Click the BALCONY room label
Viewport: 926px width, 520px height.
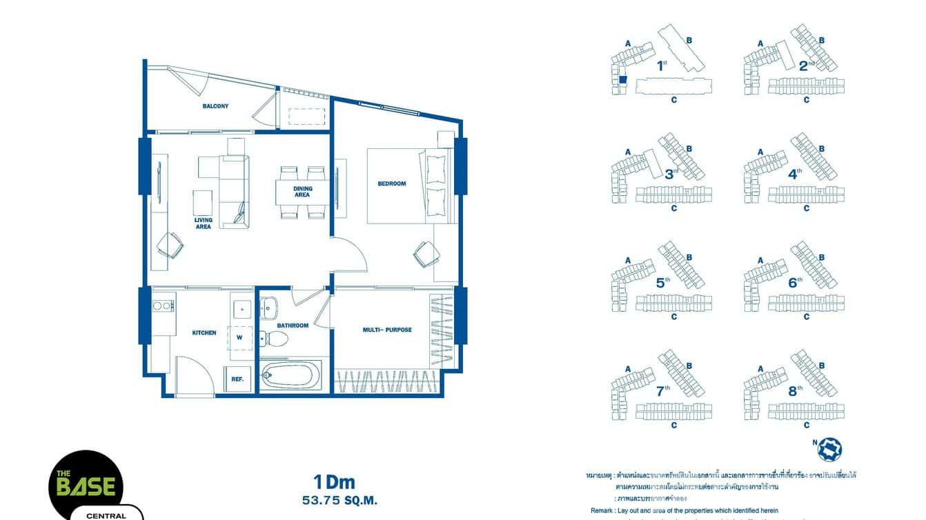coord(215,106)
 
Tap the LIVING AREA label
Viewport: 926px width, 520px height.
coord(203,223)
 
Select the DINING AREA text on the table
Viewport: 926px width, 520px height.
coord(302,192)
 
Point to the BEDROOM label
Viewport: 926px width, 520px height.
coord(392,183)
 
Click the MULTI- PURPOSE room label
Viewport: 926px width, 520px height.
coord(387,330)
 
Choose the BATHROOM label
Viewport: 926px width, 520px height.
coord(293,326)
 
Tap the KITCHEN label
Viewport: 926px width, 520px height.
coord(204,332)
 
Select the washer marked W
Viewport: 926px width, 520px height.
coord(239,337)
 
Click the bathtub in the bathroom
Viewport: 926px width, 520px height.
coord(290,376)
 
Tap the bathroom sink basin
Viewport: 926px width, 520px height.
coord(268,306)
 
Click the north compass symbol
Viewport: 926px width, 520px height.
coord(829,449)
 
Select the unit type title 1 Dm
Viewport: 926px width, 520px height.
coord(334,481)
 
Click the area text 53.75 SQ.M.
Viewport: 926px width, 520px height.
coord(335,500)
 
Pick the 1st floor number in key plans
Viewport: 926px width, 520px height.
coord(662,66)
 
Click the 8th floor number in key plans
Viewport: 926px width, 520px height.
coord(794,391)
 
